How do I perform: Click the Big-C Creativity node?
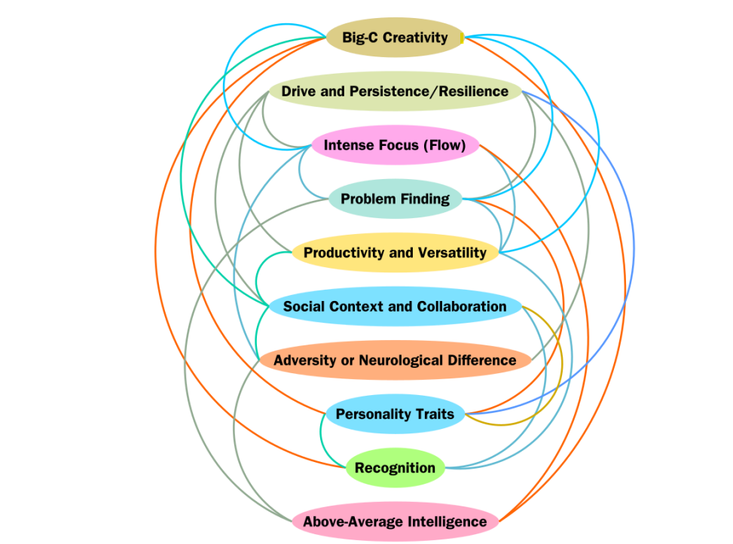pos(395,38)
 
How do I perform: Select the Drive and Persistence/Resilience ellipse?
pos(395,92)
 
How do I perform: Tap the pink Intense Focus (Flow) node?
pos(395,145)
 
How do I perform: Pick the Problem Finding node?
pos(395,199)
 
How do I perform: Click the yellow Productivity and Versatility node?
pos(395,253)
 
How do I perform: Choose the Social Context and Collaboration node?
pos(395,307)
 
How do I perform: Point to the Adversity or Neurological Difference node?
pos(395,360)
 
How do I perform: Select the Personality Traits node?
pos(395,415)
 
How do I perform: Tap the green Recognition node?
pos(395,468)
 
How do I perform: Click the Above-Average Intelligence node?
pos(395,521)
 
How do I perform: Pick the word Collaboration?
pos(464,307)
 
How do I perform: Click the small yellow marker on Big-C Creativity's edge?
pos(462,38)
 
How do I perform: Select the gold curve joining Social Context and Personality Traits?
pos(561,361)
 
